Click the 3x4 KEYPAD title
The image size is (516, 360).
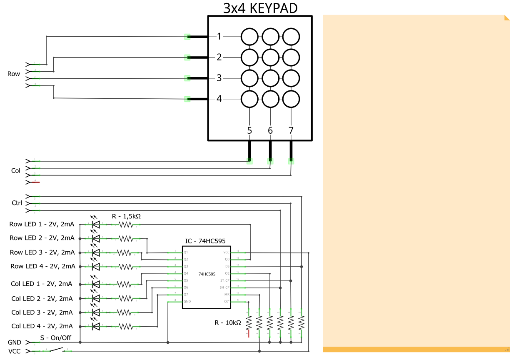point(260,8)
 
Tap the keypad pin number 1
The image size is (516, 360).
point(219,37)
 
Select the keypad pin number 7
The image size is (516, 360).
point(291,130)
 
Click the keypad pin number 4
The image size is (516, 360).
point(219,99)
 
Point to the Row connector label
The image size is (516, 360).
point(14,74)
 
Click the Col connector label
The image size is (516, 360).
point(16,171)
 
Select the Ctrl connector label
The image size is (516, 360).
point(17,203)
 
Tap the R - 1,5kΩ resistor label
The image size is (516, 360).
point(126,216)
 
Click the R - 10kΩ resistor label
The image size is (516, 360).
point(228,323)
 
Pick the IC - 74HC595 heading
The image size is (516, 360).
point(206,242)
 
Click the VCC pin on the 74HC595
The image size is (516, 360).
point(227,252)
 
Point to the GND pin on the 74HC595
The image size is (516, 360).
point(187,301)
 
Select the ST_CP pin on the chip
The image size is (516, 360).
point(225,280)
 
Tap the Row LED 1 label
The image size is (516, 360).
point(42,225)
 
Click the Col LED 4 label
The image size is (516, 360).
point(42,326)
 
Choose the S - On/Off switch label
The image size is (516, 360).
point(55,338)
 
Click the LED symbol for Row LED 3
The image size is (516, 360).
point(96,252)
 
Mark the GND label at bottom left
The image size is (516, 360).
point(15,342)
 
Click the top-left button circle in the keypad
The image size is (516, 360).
point(250,37)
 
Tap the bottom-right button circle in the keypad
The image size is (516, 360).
point(291,99)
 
